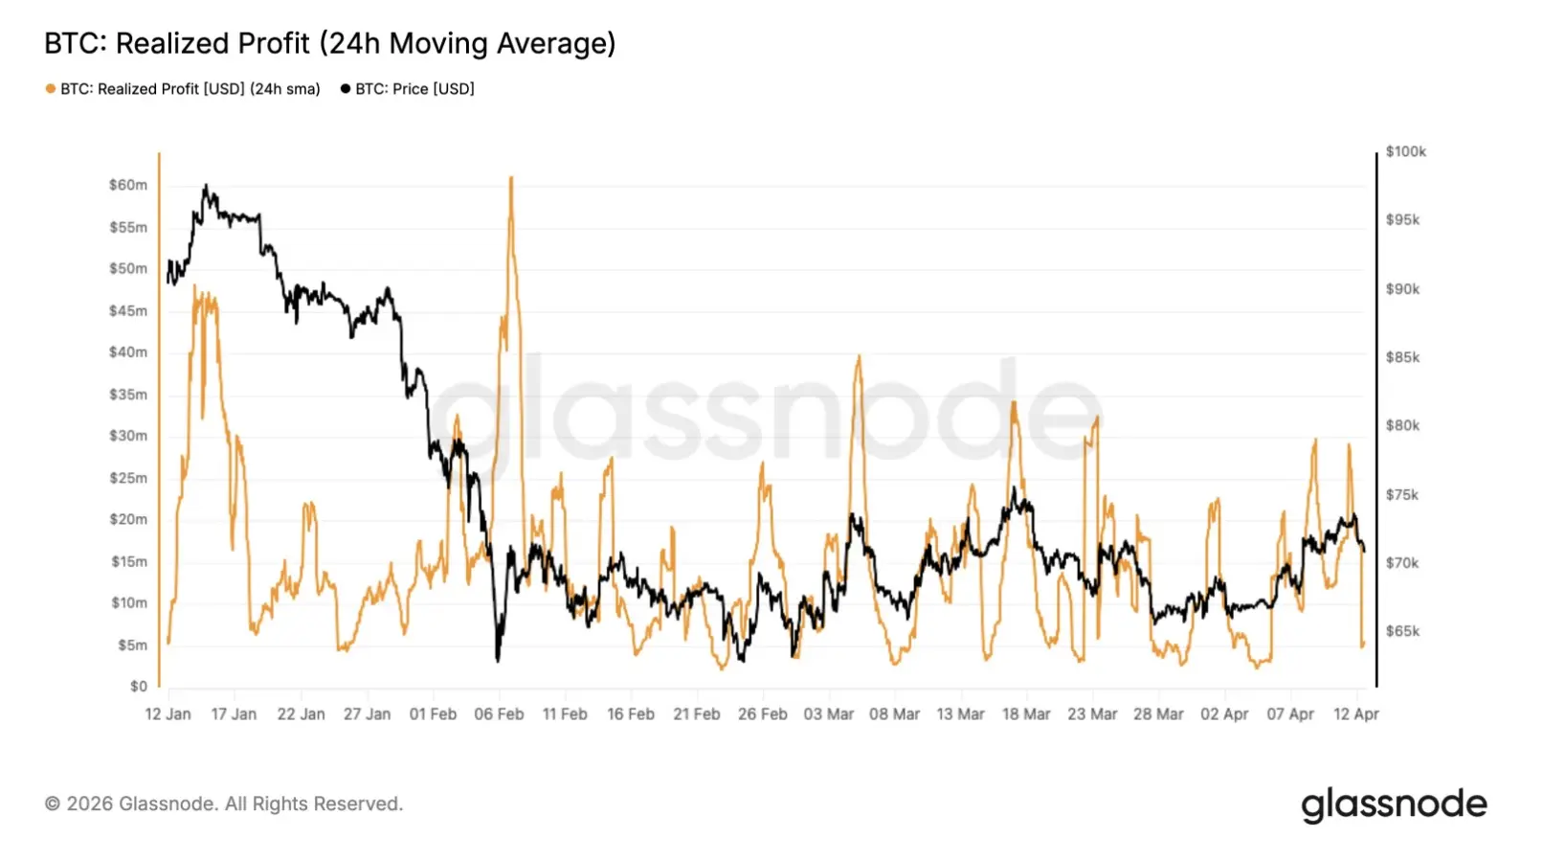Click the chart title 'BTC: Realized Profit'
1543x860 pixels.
point(329,44)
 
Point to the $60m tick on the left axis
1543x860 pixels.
point(128,185)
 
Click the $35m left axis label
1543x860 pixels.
point(128,395)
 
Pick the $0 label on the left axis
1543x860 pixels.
point(139,687)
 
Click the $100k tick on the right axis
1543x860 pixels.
point(1405,151)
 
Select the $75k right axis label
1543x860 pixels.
point(1402,495)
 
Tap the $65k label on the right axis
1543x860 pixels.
point(1402,632)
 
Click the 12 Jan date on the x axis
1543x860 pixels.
point(168,714)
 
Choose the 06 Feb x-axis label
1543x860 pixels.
point(499,714)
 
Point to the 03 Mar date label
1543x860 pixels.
point(829,714)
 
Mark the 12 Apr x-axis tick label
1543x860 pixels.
point(1356,714)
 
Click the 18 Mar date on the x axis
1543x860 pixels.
point(1026,714)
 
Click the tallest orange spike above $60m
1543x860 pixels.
point(511,178)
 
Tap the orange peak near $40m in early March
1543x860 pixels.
point(859,357)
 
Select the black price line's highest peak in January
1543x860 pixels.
point(206,187)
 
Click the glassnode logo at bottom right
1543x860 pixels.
point(1394,804)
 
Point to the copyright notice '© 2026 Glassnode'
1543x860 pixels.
point(224,804)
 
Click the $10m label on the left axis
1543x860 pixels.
point(128,603)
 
